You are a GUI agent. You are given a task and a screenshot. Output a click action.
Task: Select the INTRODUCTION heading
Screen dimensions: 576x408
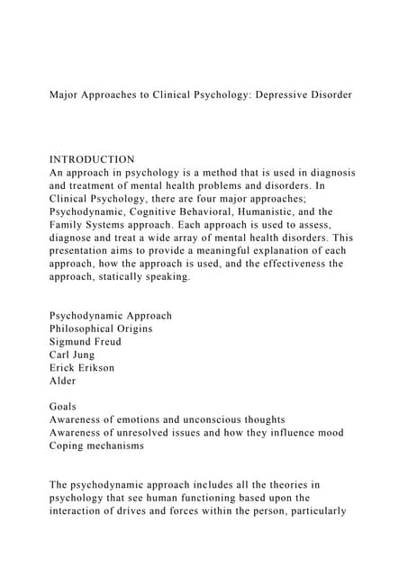pyautogui.click(x=92, y=159)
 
